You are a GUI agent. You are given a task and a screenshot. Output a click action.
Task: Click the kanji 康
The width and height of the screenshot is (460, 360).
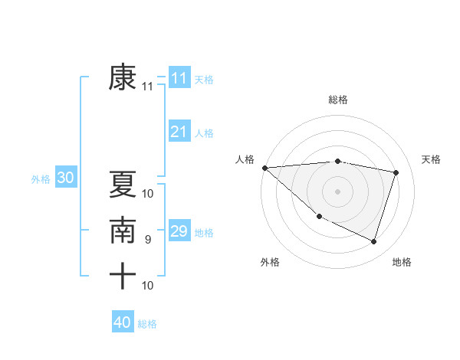coord(123,78)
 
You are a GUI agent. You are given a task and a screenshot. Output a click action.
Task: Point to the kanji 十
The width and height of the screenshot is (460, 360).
coord(123,276)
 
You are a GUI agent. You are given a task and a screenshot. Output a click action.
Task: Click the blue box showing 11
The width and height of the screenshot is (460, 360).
coord(179,78)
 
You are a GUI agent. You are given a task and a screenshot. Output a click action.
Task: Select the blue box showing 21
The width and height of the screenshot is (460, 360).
coord(179,132)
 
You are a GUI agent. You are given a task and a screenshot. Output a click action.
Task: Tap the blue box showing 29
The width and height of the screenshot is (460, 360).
coord(179,231)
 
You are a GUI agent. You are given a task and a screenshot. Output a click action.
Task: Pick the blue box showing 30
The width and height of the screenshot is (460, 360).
coord(65,178)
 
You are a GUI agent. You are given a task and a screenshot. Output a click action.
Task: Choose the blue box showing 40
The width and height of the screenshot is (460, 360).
coord(122,322)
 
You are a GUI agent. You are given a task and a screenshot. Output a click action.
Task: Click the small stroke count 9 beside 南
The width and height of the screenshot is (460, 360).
coord(148,240)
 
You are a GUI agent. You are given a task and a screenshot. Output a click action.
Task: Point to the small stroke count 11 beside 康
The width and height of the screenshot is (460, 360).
coord(148,87)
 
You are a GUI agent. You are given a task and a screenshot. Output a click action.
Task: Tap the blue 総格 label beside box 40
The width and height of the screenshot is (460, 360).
coord(147,324)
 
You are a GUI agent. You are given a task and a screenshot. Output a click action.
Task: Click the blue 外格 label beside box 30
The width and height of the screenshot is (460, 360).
coord(41,179)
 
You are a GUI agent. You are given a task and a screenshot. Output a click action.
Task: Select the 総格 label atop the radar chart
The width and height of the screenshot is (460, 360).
coord(338,100)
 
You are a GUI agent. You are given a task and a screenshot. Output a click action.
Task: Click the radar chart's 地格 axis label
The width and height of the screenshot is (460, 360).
coord(402,263)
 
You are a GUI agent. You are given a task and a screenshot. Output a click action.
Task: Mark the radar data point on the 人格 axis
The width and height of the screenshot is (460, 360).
coord(264,168)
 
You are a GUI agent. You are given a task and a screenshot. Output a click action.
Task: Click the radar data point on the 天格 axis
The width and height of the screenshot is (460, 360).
coord(396,172)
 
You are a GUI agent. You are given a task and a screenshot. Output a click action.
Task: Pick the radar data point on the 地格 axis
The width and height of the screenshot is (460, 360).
coord(374,242)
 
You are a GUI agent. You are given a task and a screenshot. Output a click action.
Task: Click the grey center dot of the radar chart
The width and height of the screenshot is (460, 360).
coord(338,191)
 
